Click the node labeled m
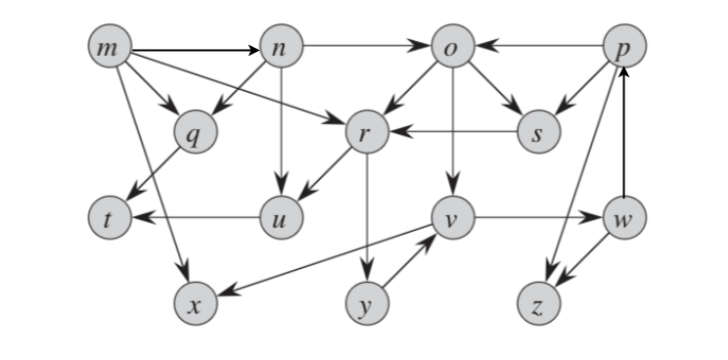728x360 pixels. coord(109,48)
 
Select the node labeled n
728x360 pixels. coord(282,48)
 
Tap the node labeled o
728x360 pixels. coord(454,48)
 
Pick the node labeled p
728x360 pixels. coord(625,48)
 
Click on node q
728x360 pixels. coord(196,134)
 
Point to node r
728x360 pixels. coord(367,134)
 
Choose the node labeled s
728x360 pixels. coord(539,134)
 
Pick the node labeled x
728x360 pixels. coord(196,305)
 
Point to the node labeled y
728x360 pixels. coord(367,305)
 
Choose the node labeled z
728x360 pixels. coord(539,305)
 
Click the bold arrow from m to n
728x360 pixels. coord(195,48)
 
